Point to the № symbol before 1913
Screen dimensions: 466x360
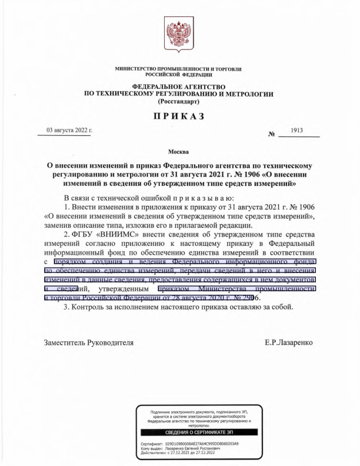(x=272, y=134)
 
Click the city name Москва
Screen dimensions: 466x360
(x=179, y=152)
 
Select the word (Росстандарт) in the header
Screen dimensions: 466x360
(x=179, y=102)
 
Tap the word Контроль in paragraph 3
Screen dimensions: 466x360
(x=88, y=307)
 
